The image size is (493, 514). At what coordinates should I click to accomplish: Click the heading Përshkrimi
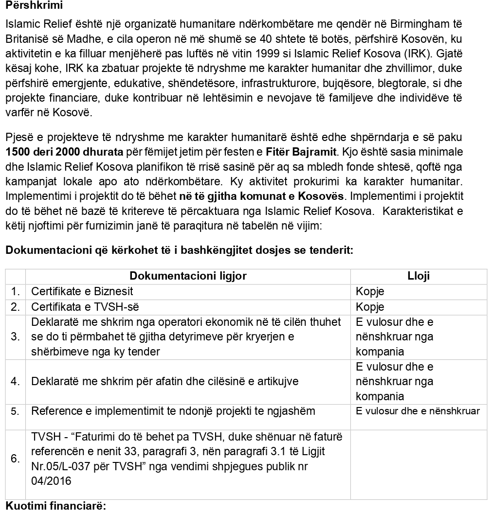pos(34,7)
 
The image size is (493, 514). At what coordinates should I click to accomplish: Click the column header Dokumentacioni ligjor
pos(188,276)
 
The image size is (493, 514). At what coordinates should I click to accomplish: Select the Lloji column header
pos(419,276)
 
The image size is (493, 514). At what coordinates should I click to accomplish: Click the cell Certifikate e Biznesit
pos(82,292)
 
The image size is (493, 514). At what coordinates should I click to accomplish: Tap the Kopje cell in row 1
pos(370,292)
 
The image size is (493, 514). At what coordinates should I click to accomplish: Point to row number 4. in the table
pos(15,381)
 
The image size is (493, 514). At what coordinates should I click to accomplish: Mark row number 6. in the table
pos(15,459)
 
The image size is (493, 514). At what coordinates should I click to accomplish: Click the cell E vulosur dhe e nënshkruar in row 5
pos(418,411)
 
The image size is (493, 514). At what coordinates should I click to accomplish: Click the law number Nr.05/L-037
pos(58,466)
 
